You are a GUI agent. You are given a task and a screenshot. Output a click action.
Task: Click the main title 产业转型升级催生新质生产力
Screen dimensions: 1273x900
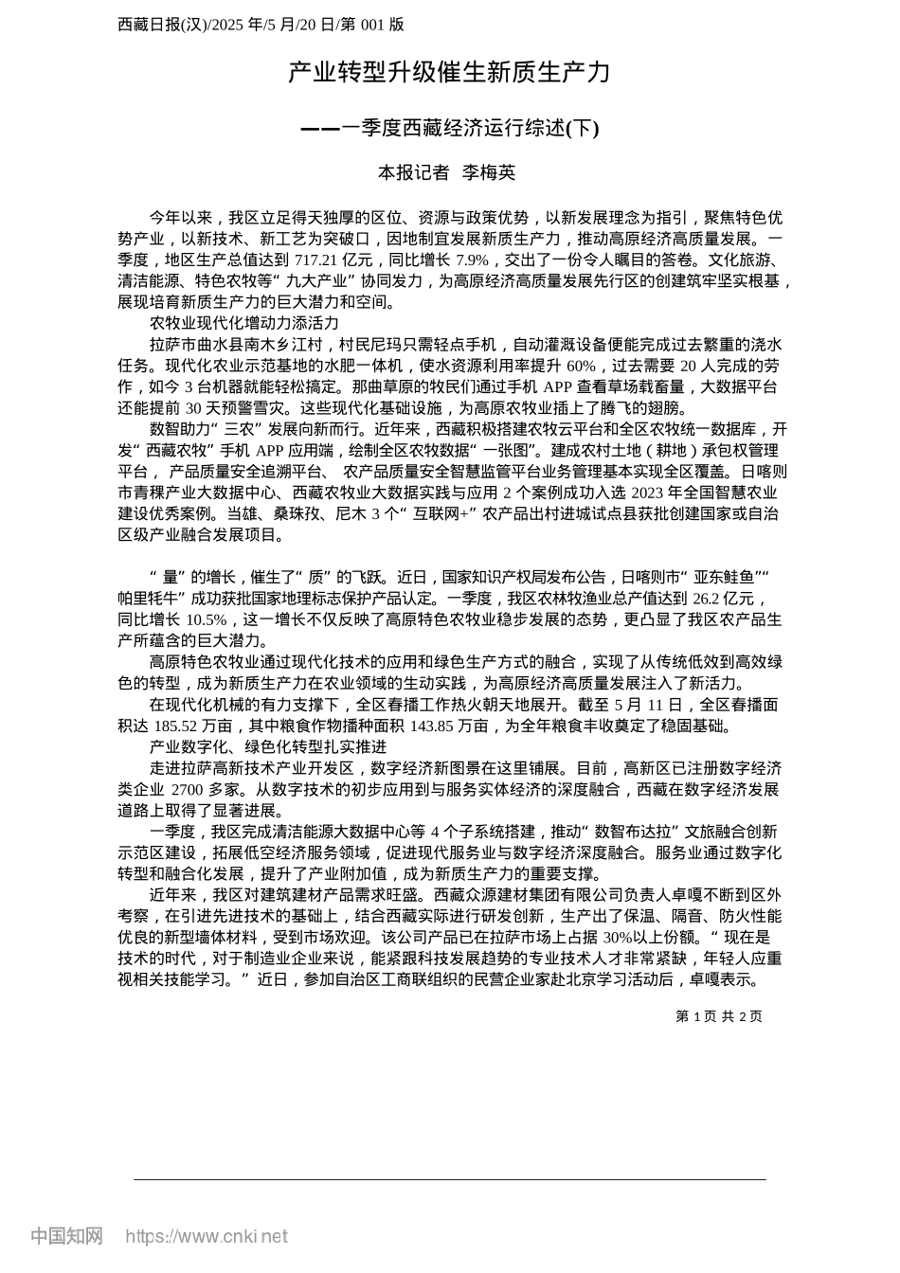pyautogui.click(x=449, y=73)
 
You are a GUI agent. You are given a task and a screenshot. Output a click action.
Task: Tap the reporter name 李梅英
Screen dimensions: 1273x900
pyautogui.click(x=489, y=172)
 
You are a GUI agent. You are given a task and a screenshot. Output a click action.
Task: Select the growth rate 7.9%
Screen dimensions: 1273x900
pyautogui.click(x=472, y=260)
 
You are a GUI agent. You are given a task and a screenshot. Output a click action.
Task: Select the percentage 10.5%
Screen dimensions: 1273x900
pyautogui.click(x=207, y=620)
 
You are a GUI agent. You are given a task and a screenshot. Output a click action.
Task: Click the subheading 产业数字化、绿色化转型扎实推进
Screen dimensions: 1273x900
pyautogui.click(x=268, y=747)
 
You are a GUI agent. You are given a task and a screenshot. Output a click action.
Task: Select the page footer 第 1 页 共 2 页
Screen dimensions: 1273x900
pyautogui.click(x=719, y=1016)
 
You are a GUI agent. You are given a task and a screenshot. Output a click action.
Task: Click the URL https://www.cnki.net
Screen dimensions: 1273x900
pyautogui.click(x=207, y=1236)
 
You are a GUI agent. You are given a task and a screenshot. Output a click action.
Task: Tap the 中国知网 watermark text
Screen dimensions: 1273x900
pyautogui.click(x=66, y=1236)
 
